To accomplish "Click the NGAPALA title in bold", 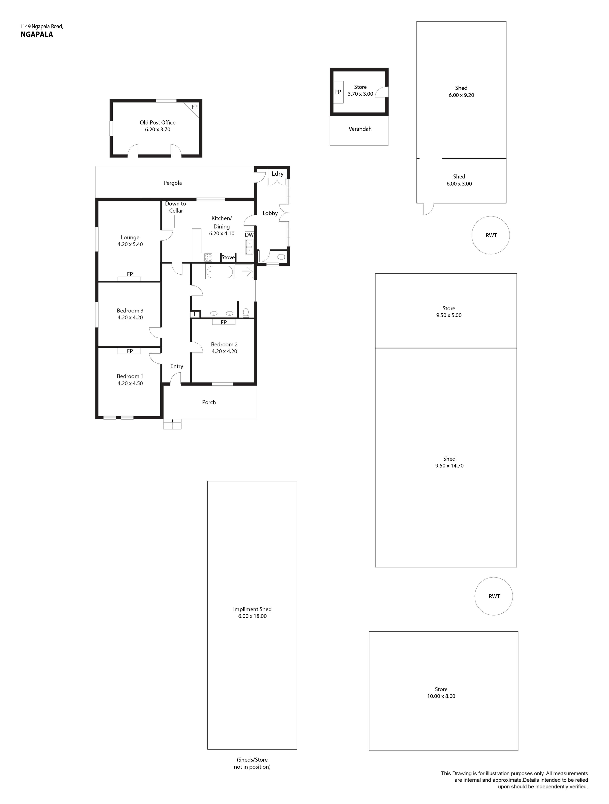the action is [37, 34].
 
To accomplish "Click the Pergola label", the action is [173, 183].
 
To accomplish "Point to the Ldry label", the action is [278, 174].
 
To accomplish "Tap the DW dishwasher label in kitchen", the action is [249, 235].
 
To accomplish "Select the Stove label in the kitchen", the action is [228, 257].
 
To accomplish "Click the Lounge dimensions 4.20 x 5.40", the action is [130, 244].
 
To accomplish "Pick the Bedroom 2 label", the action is [224, 344].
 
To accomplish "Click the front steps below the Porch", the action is [172, 424].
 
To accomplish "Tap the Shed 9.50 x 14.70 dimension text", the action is [449, 466].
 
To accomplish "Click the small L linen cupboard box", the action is [195, 314].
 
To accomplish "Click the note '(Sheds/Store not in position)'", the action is [252, 763].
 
